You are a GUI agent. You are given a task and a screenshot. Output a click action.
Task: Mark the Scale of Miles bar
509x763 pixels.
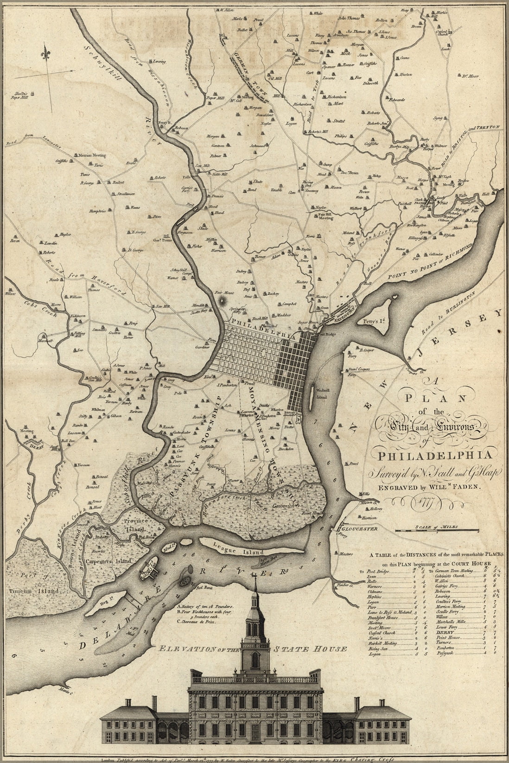[x=437, y=529]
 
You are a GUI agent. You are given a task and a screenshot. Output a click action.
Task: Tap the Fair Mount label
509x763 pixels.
[x=225, y=293]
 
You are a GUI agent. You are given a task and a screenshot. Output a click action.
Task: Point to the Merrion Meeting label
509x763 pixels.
[x=92, y=155]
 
